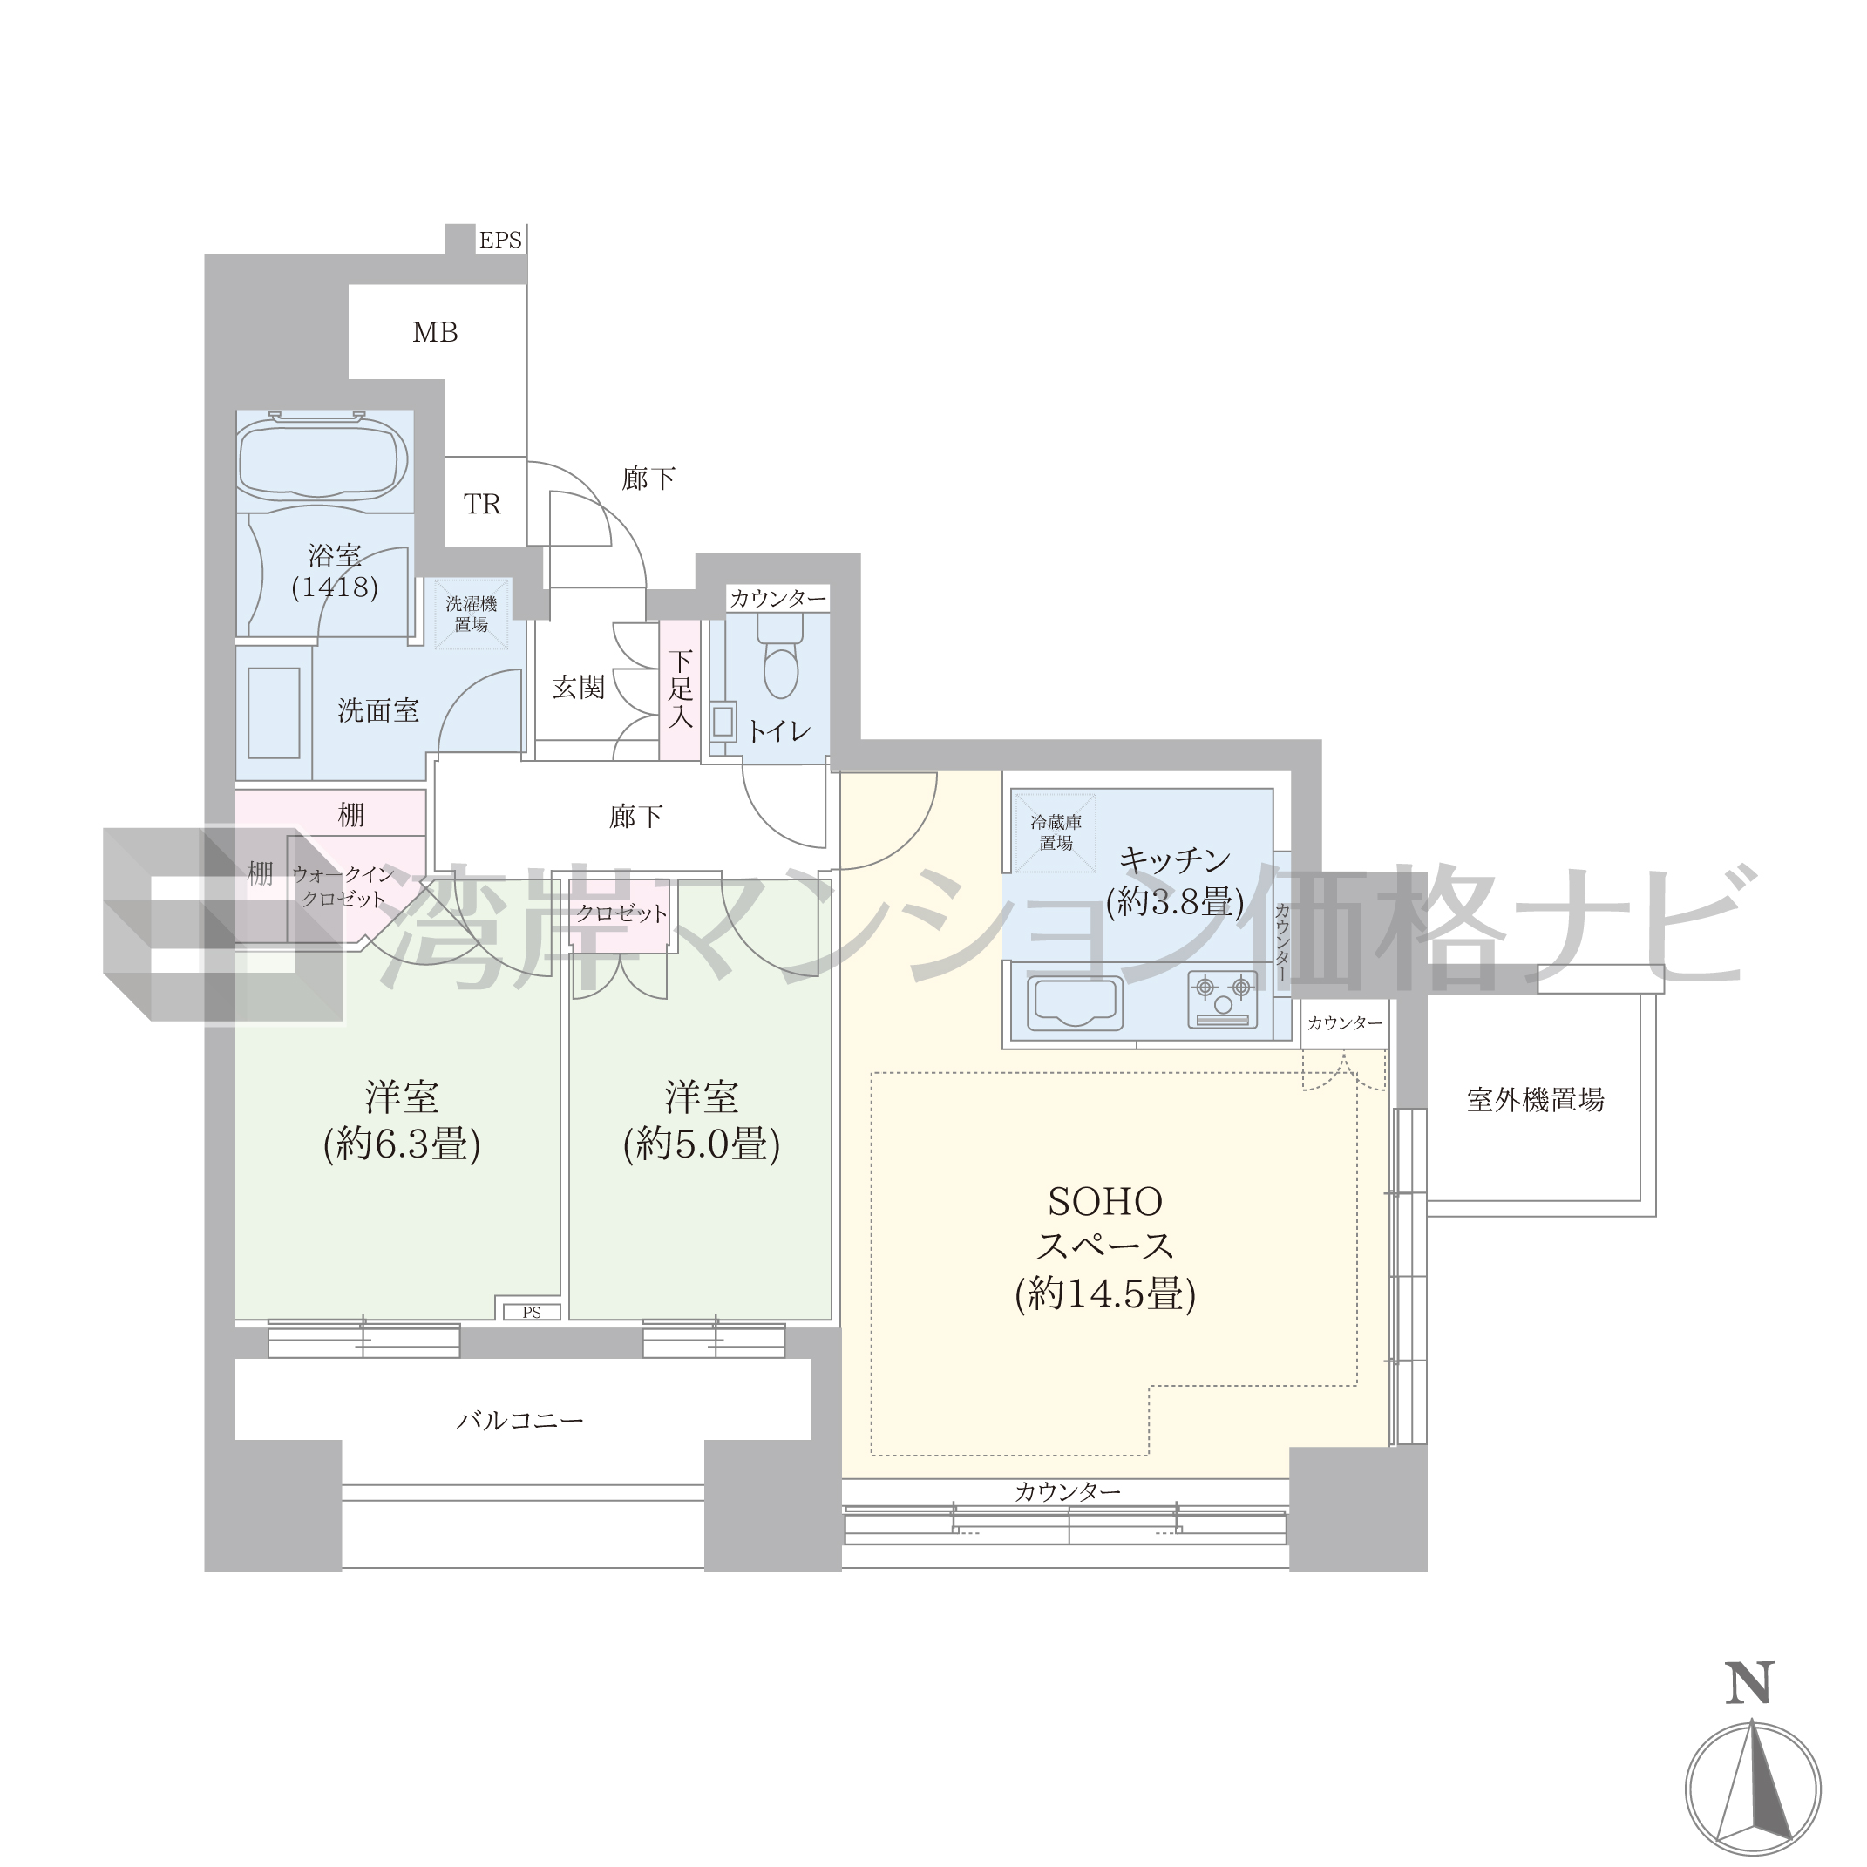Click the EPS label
499,240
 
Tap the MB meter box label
435,332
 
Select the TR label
482,504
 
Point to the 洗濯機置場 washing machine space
472,614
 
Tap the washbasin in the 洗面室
274,713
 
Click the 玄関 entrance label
579,687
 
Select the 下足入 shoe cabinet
681,689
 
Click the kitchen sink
1074,1002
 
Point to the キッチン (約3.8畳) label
1174,880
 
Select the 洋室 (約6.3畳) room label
402,1121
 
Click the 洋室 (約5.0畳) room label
702,1121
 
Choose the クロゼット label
621,913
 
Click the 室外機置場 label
1536,1099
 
